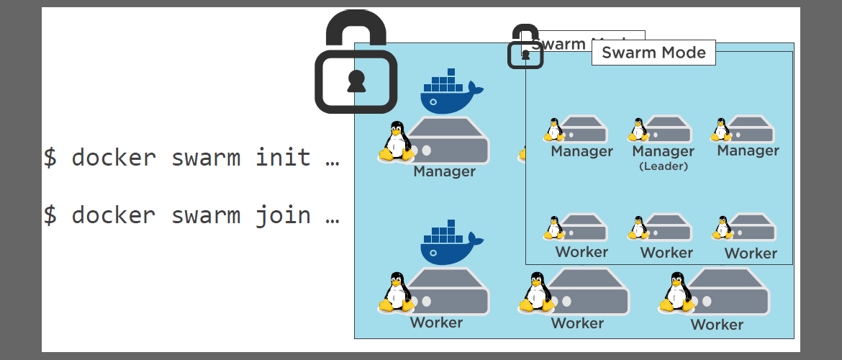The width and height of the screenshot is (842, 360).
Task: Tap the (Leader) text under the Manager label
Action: [x=663, y=166]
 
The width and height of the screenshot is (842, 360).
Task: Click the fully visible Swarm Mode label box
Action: [x=653, y=53]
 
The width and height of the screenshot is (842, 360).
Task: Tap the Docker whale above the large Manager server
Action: [x=451, y=91]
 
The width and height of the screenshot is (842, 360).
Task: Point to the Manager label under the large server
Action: [x=444, y=172]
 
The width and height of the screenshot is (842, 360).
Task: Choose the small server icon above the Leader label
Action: [x=667, y=130]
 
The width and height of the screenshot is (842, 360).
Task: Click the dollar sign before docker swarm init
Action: [x=50, y=157]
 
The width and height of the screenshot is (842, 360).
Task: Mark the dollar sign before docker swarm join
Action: [x=50, y=215]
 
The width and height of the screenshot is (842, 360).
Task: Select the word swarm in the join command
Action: [x=205, y=215]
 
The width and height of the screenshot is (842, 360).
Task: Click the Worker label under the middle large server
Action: [x=577, y=323]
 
